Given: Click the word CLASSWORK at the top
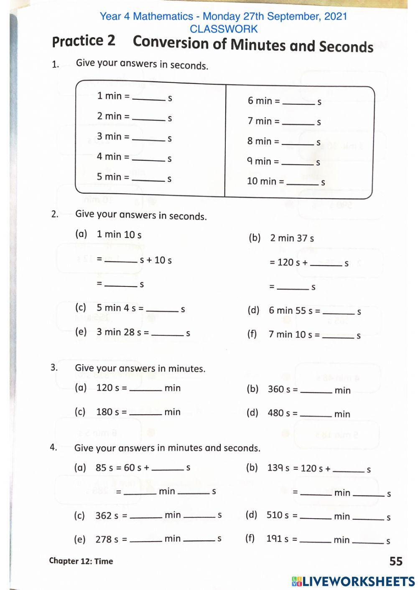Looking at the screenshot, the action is tap(224, 29).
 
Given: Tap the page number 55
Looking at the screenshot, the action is tap(395, 561).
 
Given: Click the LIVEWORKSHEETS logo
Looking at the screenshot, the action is tap(353, 581).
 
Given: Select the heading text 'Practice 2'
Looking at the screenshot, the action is tap(84, 41).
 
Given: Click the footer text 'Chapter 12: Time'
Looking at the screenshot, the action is tap(81, 561).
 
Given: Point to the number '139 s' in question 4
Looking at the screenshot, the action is tap(278, 468).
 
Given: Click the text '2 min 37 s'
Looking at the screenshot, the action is tap(292, 238).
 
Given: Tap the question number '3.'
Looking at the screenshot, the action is tap(54, 367).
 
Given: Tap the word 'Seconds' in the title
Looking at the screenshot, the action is tap(346, 46).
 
